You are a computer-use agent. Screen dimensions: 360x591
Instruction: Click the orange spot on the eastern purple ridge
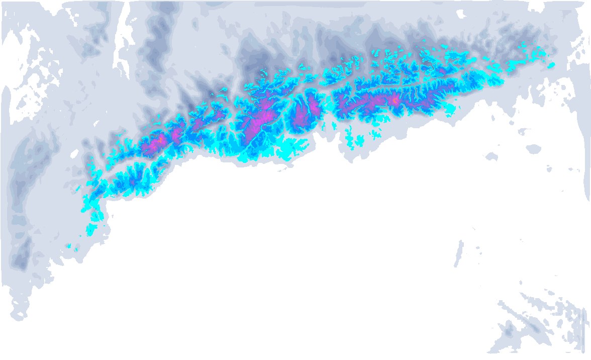396,101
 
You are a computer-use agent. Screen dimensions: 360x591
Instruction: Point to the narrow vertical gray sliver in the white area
459,254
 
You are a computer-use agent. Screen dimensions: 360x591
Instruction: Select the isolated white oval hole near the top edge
461,15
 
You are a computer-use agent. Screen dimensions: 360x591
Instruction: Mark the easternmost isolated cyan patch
551,65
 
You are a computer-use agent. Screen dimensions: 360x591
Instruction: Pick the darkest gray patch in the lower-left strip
22,254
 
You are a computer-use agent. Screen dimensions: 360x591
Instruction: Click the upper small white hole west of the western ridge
75,153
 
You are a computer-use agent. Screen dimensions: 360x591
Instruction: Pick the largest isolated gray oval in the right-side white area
533,149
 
